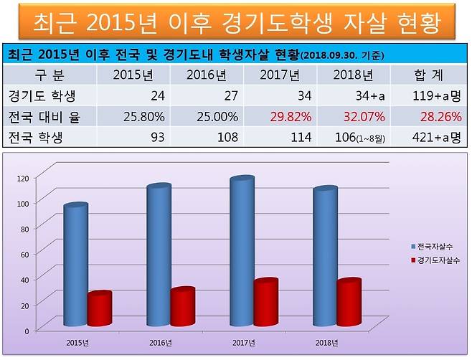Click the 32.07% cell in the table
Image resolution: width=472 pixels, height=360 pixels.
click(x=364, y=115)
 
